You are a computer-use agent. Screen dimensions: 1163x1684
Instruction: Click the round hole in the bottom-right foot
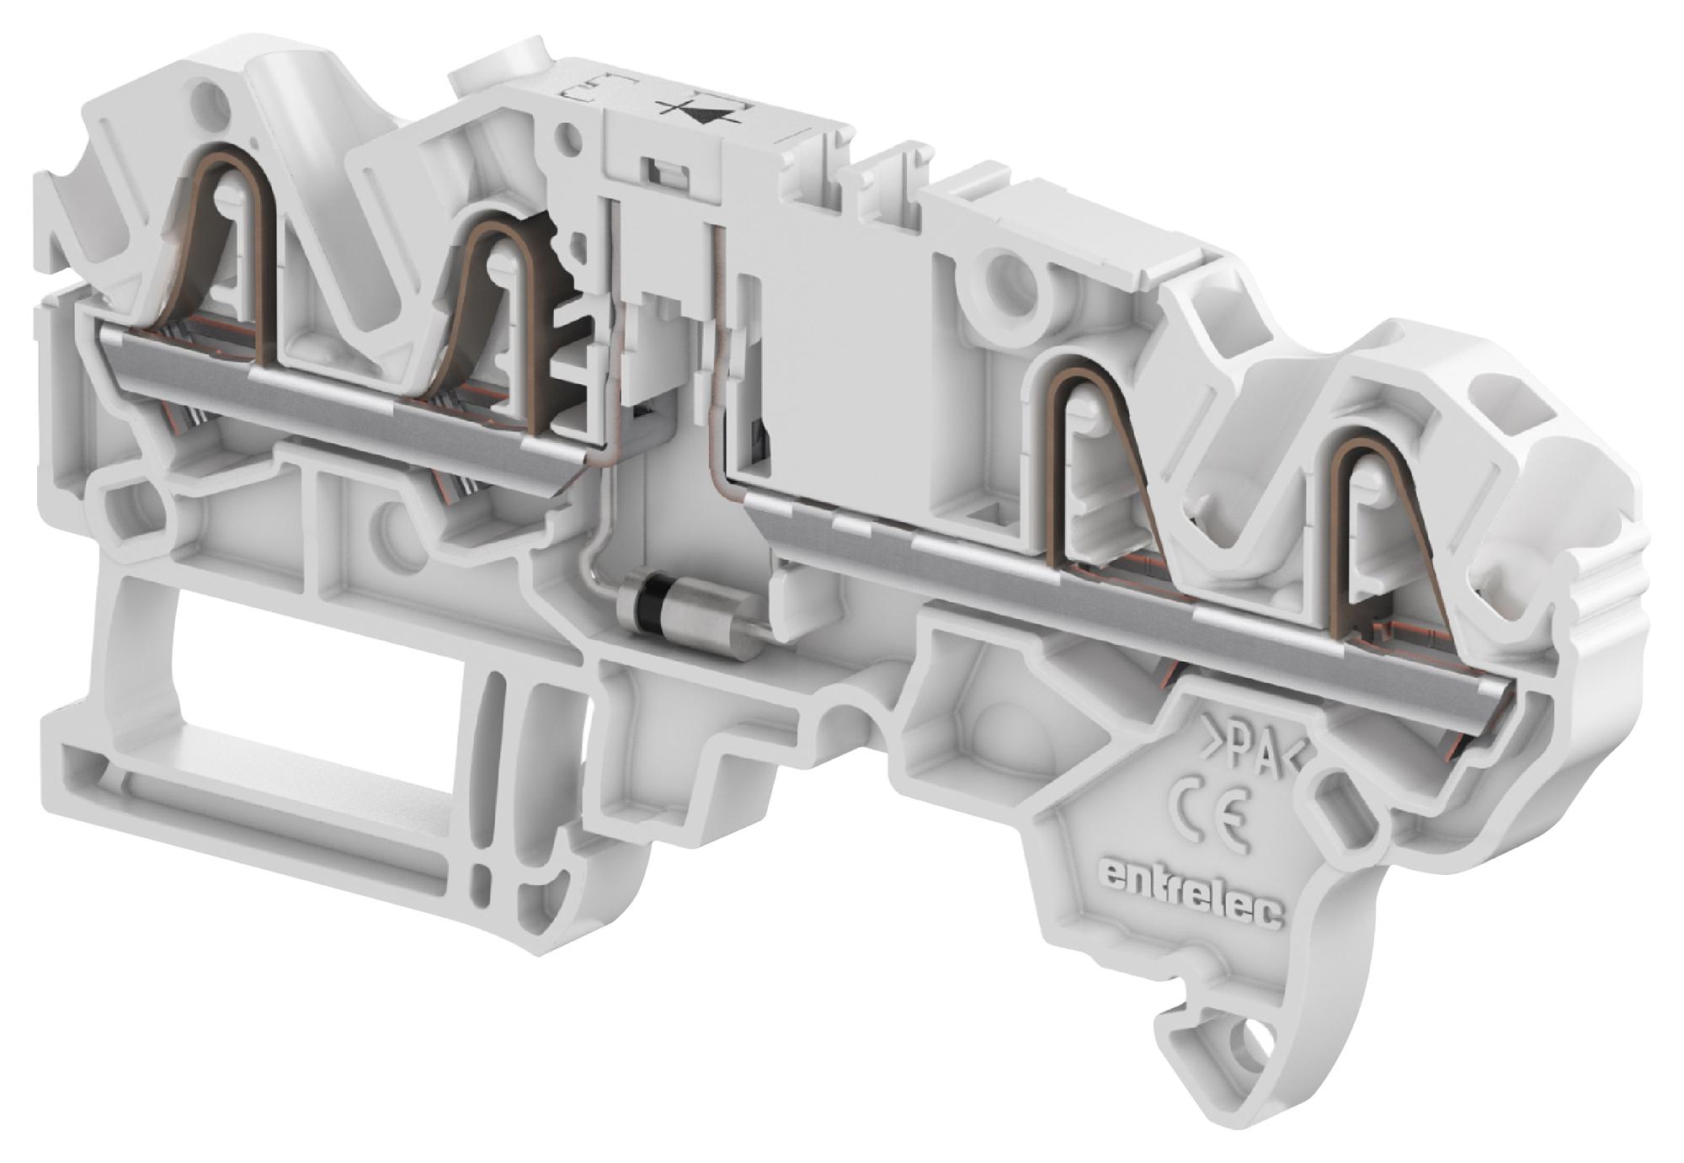1257,1049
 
